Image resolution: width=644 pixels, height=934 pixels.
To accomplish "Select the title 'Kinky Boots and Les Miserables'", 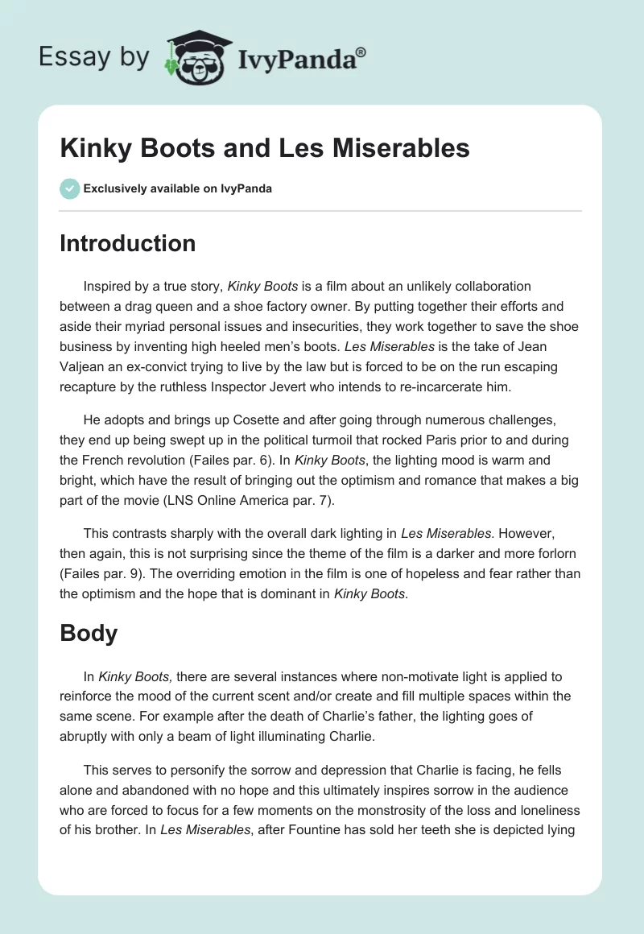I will point(265,148).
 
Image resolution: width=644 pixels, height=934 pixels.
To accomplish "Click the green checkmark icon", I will point(69,188).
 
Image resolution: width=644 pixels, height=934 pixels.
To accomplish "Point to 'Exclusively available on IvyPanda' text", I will point(177,188).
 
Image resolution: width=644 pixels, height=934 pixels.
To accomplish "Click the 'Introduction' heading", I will point(128,243).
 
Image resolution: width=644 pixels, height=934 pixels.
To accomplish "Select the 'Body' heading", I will point(89,633).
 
